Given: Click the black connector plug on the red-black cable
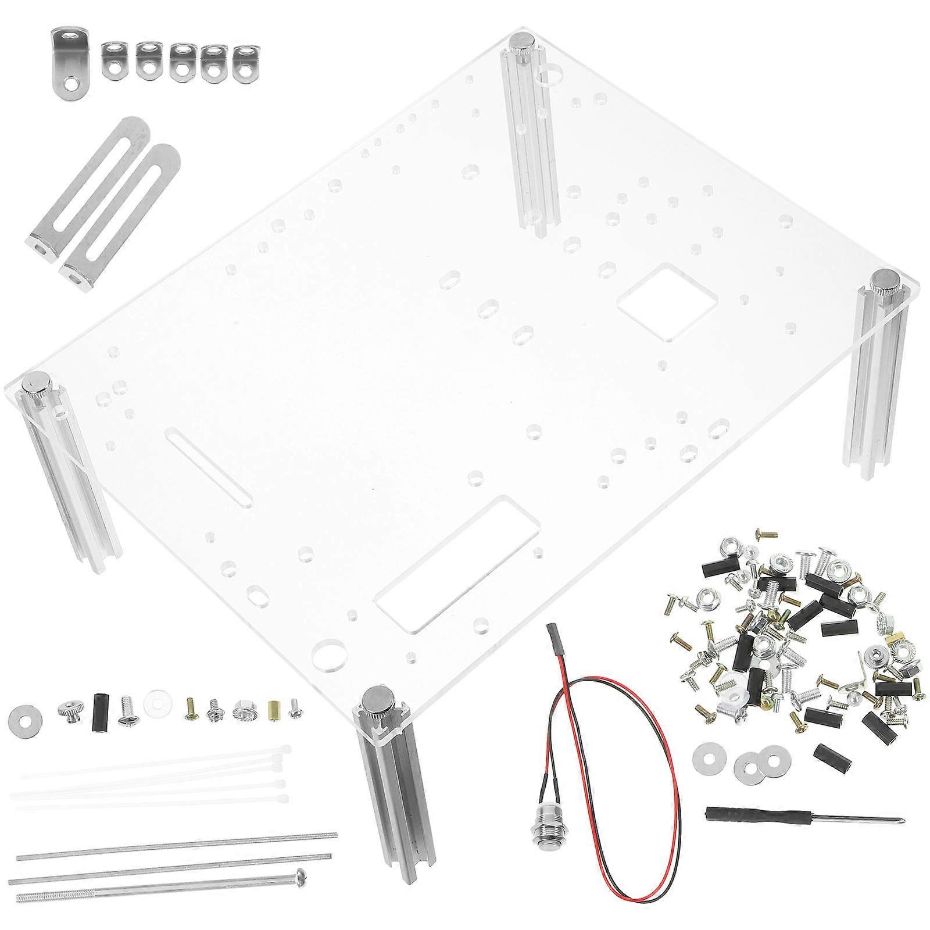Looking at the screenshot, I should click(552, 643).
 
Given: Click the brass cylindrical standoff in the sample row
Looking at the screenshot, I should click(274, 710).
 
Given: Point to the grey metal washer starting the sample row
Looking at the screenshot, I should click(24, 714).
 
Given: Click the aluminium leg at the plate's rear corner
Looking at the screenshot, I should click(532, 134).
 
